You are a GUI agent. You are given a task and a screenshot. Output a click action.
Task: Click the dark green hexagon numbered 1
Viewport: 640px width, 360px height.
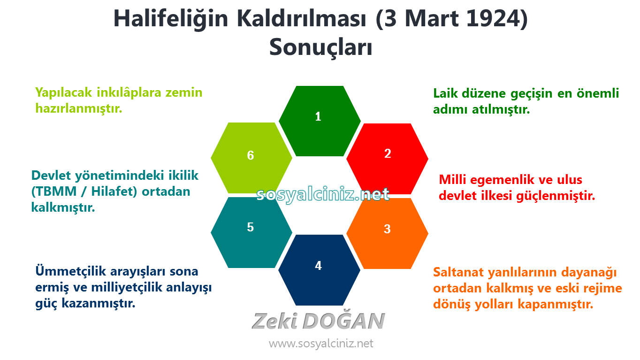pos(320,121)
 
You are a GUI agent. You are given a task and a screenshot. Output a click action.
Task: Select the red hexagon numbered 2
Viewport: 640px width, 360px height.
pos(388,159)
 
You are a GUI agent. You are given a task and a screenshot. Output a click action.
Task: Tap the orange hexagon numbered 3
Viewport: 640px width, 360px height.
pos(388,233)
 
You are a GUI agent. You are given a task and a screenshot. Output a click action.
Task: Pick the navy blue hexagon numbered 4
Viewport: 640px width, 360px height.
pos(320,270)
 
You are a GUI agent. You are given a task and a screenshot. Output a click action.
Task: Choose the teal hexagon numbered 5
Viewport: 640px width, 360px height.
pos(251,233)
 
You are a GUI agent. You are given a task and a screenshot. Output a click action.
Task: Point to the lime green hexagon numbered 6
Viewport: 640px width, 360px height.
pos(251,158)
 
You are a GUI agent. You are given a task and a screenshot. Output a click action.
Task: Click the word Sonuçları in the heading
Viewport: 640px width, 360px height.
pos(321,47)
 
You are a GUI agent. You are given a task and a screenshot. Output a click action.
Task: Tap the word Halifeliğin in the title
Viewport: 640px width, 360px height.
pos(171,19)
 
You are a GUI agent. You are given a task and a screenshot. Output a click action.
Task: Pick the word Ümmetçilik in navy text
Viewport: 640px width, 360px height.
pos(70,271)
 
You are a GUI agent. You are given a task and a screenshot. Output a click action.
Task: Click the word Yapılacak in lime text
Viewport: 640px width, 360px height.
pos(64,93)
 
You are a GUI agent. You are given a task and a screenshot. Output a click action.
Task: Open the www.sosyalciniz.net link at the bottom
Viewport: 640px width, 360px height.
pos(321,344)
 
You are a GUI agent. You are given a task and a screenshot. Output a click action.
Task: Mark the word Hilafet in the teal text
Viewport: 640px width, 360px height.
pos(112,191)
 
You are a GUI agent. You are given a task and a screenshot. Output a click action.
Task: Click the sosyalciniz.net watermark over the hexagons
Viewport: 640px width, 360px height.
pos(323,195)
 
